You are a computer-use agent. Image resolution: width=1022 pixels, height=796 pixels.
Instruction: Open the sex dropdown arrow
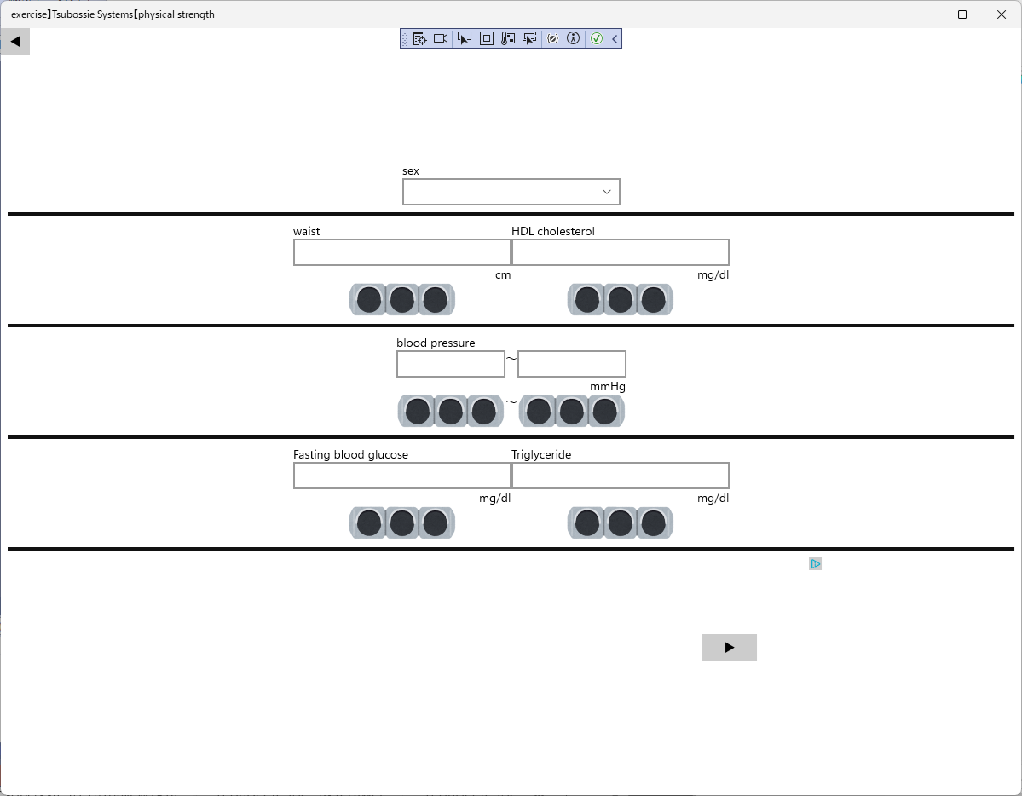tap(607, 192)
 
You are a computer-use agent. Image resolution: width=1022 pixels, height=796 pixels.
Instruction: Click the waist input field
tap(401, 252)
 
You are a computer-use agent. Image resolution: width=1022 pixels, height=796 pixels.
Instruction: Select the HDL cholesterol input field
tap(620, 252)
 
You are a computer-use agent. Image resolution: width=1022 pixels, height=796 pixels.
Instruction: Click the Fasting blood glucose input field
tap(401, 476)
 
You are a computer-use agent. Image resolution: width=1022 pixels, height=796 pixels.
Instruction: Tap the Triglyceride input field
tap(620, 476)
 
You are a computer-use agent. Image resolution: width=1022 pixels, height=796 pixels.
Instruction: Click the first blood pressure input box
tap(450, 364)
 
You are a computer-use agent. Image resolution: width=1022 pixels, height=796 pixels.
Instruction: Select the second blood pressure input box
tap(571, 364)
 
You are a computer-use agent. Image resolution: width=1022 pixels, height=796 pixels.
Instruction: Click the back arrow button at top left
tap(15, 41)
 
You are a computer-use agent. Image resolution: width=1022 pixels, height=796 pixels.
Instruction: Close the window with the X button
tap(1002, 14)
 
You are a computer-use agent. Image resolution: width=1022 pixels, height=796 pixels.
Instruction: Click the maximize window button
tap(962, 14)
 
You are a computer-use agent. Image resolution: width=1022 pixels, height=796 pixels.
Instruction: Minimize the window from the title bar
tap(924, 14)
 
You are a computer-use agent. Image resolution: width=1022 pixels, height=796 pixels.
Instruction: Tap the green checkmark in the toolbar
tap(597, 38)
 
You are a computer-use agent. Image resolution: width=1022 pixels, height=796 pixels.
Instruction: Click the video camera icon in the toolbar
tap(441, 38)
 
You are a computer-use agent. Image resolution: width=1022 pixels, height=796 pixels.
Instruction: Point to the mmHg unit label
tap(608, 387)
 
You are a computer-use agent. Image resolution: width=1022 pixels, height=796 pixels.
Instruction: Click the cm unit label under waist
tap(503, 275)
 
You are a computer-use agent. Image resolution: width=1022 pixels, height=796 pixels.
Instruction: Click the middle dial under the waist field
tap(401, 300)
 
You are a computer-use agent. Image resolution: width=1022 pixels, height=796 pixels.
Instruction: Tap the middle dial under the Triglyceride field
tap(620, 523)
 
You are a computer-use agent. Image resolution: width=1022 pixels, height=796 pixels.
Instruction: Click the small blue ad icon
tap(816, 564)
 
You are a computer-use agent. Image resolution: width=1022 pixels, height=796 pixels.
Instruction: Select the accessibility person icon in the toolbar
tap(573, 38)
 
